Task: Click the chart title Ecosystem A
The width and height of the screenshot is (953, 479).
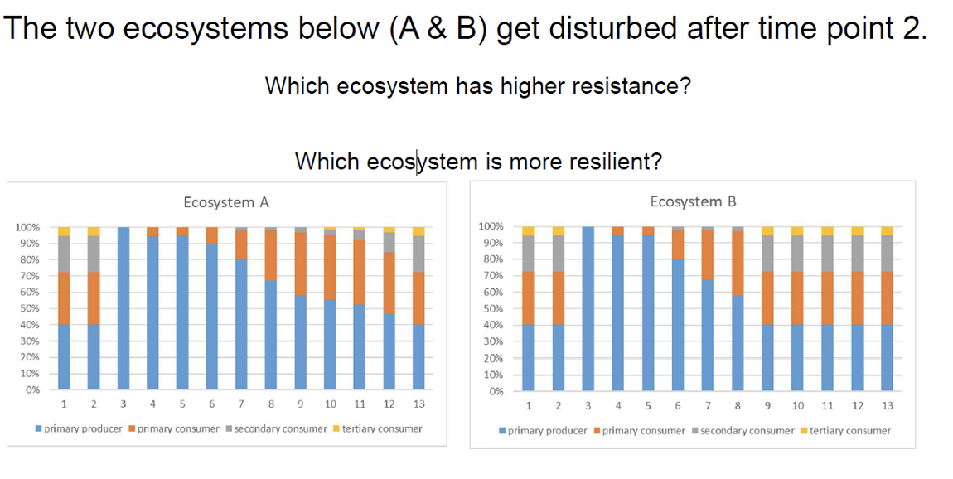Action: (226, 202)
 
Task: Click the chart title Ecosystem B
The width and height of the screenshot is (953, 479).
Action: (693, 201)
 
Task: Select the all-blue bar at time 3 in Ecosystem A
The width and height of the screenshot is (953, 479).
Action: (123, 307)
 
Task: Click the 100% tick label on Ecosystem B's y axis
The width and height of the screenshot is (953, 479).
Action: (491, 226)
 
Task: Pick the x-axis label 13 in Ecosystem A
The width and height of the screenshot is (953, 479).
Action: (418, 404)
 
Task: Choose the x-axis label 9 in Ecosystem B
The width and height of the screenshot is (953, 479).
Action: (767, 405)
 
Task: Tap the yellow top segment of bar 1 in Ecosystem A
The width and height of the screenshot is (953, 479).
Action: (64, 231)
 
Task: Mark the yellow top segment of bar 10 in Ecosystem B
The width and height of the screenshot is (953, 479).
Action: (797, 231)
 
